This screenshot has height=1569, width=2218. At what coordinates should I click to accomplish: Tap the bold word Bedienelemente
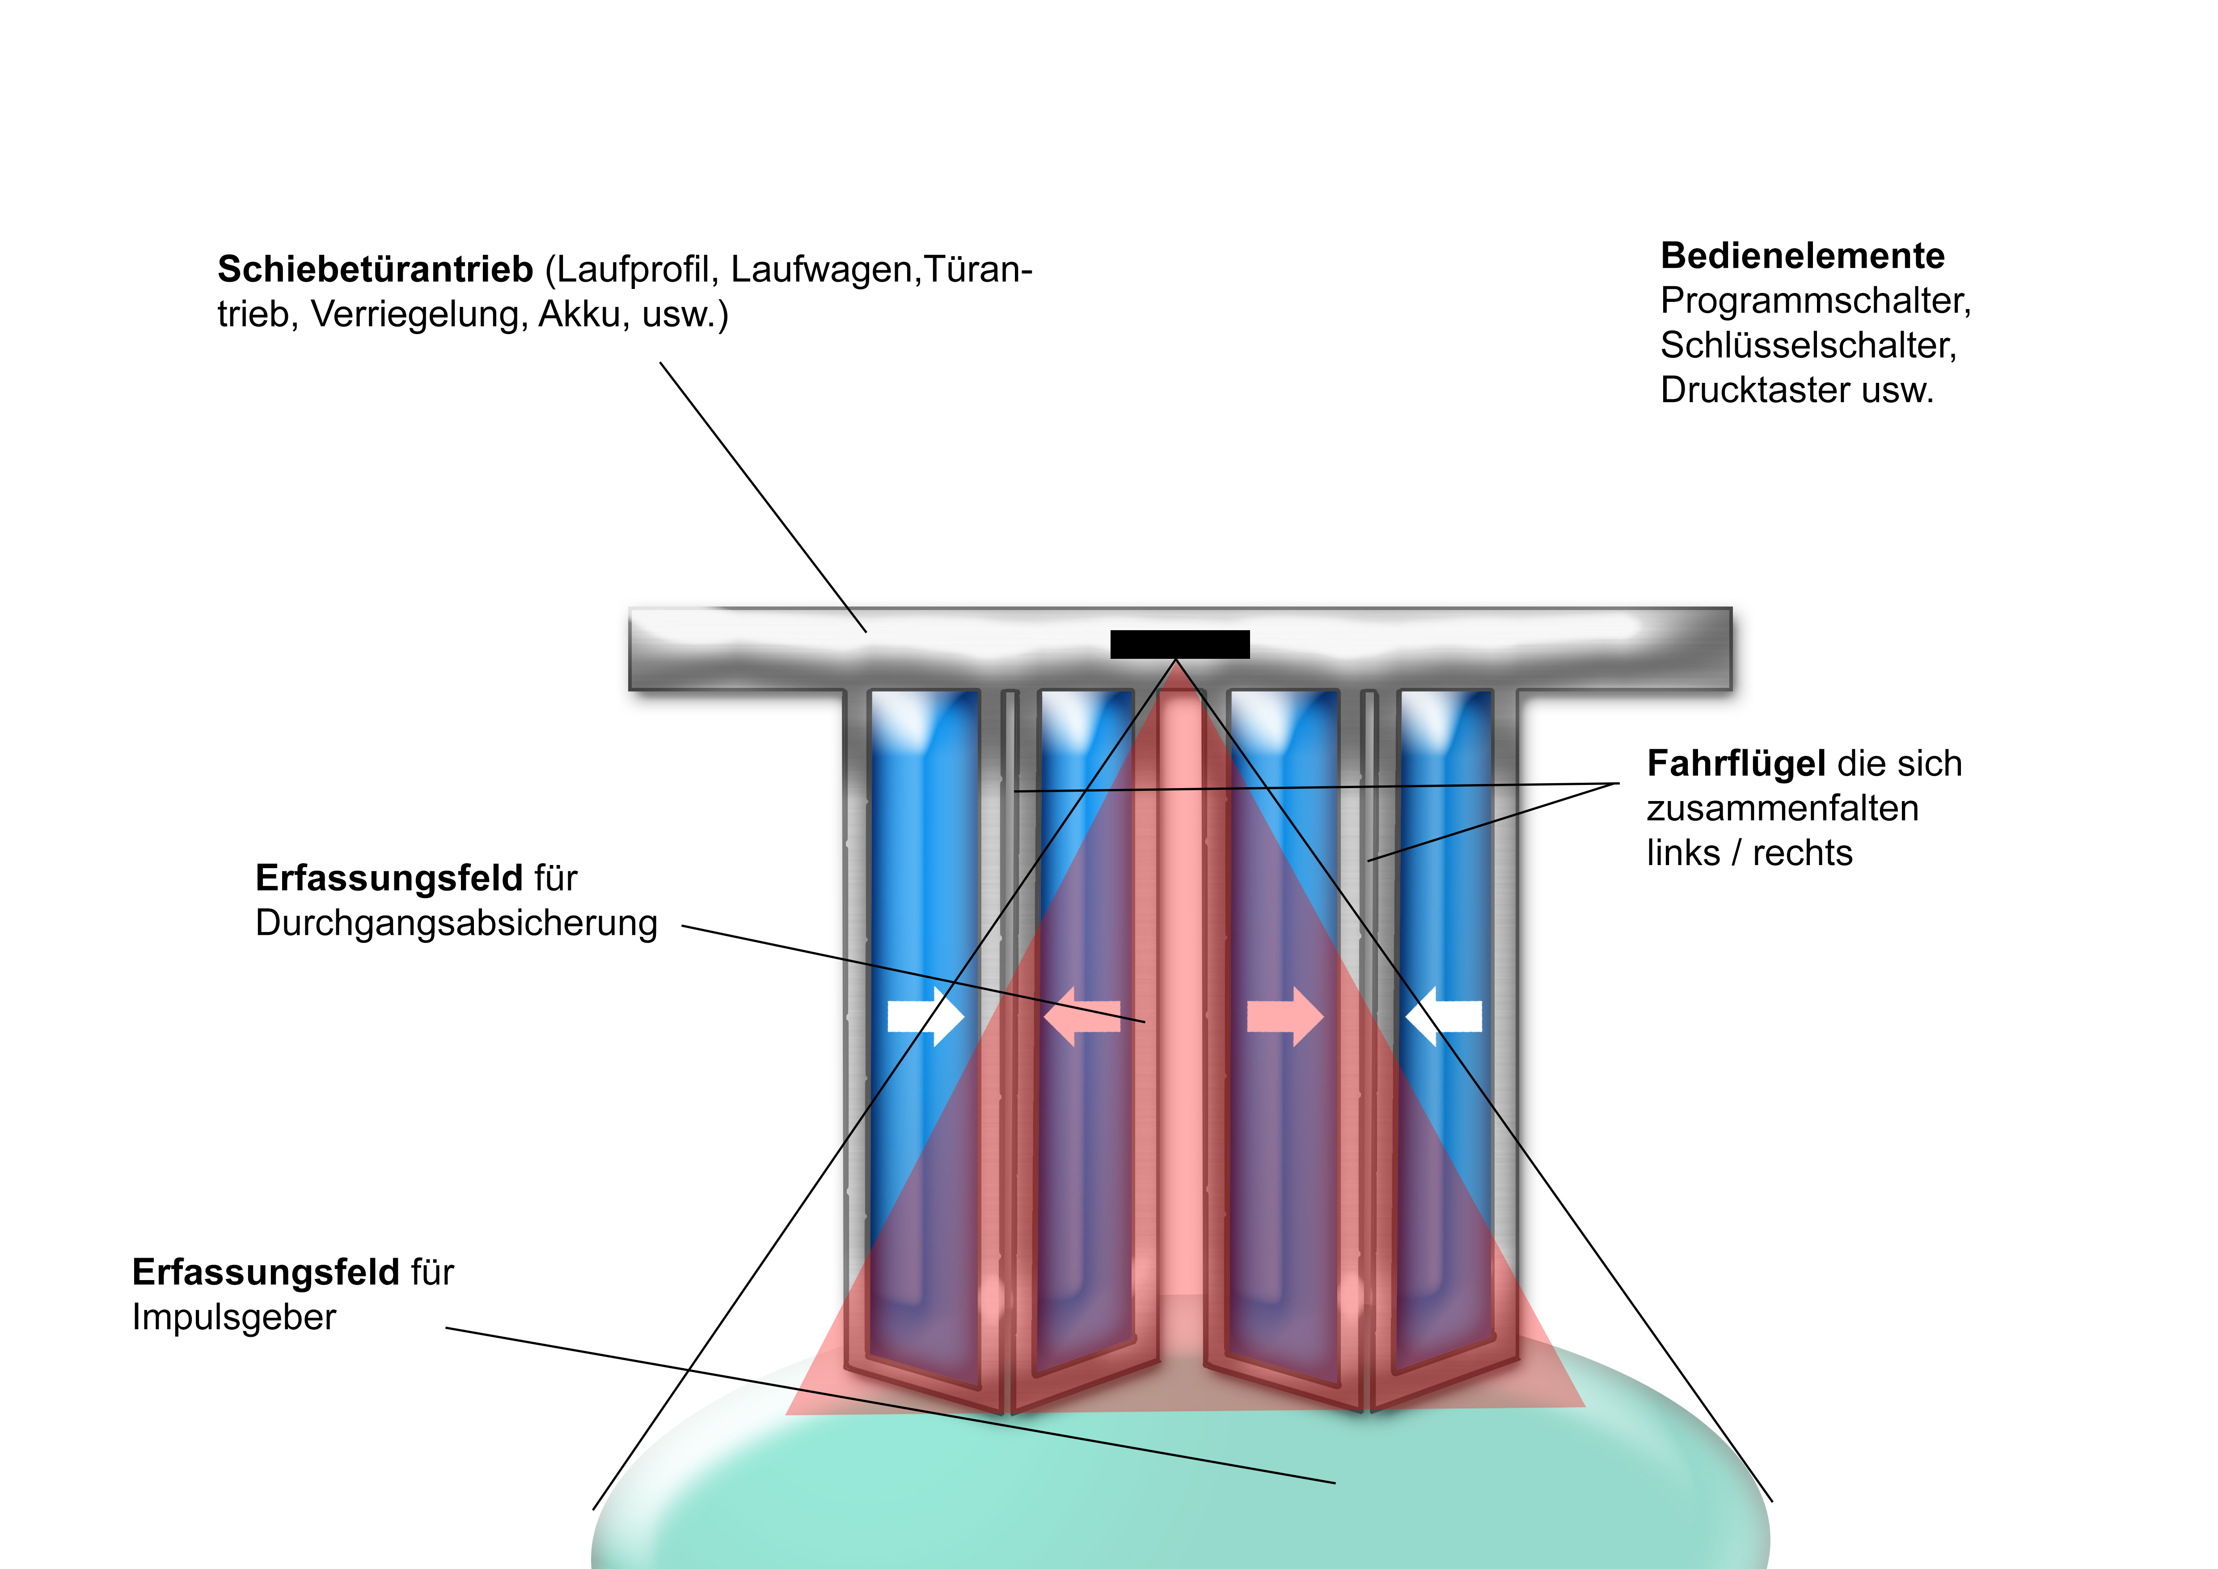point(1802,256)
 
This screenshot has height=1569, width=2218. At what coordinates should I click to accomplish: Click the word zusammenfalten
point(1783,809)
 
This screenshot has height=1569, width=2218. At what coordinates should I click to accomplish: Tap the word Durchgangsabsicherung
point(456,924)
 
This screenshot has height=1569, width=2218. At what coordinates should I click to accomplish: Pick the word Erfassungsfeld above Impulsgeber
point(265,1272)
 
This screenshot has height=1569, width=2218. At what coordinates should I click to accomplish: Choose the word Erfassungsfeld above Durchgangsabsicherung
point(389,878)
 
